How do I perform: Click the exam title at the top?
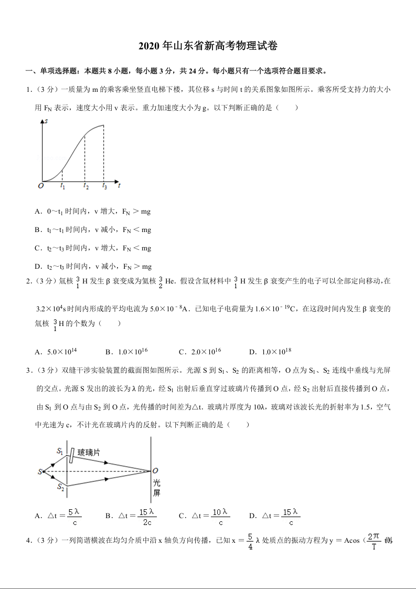(x=208, y=46)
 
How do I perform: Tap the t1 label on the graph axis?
(x=62, y=186)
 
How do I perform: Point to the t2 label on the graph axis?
(x=86, y=186)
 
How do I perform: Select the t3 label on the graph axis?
(x=104, y=186)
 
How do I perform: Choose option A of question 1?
(x=92, y=212)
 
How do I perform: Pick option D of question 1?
(x=92, y=266)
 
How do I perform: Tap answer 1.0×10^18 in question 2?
(x=276, y=352)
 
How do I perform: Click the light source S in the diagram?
(x=40, y=472)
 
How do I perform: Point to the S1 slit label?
(x=60, y=450)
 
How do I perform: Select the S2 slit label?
(x=60, y=488)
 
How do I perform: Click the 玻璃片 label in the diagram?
(x=89, y=451)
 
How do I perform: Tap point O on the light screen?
(x=155, y=471)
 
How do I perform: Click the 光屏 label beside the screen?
(x=156, y=488)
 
